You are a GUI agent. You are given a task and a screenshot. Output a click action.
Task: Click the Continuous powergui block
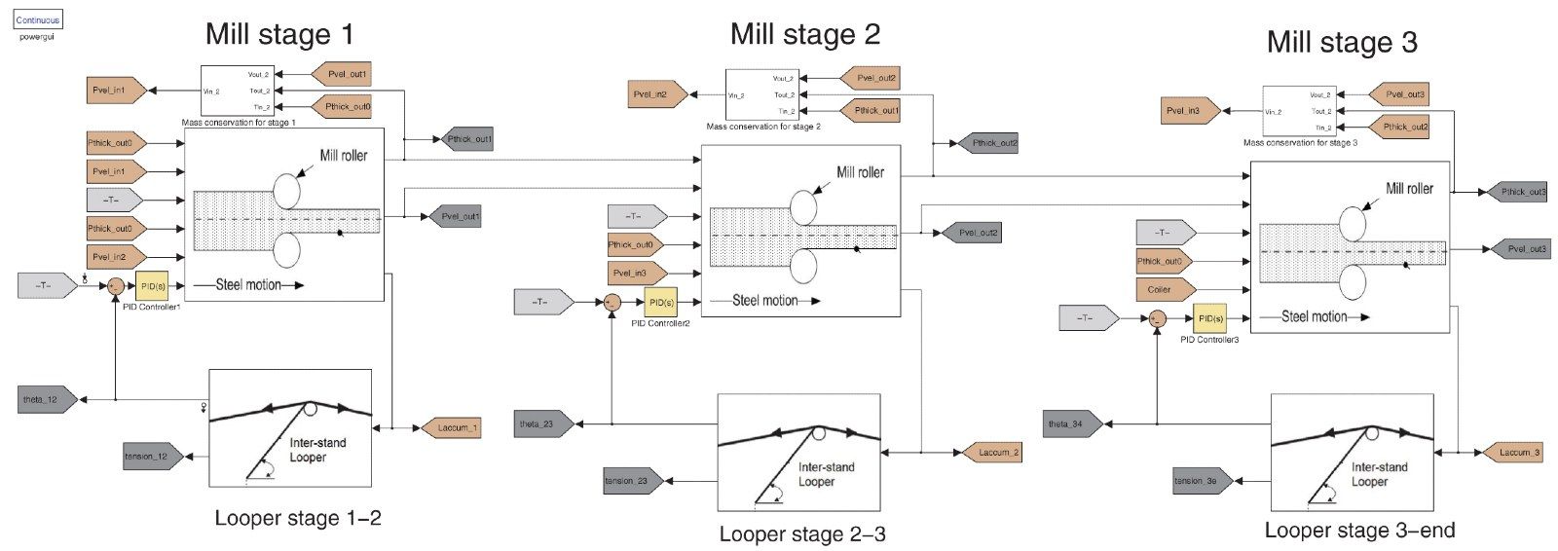coord(38,19)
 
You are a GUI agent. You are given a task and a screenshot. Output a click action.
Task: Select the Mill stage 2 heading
coord(804,35)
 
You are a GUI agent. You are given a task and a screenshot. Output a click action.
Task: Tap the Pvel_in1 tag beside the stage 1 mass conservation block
coord(115,91)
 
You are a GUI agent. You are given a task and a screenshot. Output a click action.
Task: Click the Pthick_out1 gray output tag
coord(467,140)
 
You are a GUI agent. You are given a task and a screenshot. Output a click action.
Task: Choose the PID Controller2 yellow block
coord(660,303)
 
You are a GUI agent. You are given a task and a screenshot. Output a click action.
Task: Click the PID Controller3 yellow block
coord(1209,318)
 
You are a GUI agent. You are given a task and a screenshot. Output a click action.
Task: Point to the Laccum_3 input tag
coord(1512,453)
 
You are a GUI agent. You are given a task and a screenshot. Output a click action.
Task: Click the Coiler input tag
coord(1164,289)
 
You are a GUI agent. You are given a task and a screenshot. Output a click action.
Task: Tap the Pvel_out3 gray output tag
coord(1520,249)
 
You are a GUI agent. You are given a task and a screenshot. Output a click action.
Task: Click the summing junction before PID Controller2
coord(612,303)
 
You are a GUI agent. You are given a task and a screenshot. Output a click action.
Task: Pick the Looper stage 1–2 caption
coord(298,518)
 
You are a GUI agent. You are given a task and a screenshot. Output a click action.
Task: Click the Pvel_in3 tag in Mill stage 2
coord(635,274)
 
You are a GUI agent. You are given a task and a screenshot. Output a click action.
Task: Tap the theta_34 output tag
coord(1072,424)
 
